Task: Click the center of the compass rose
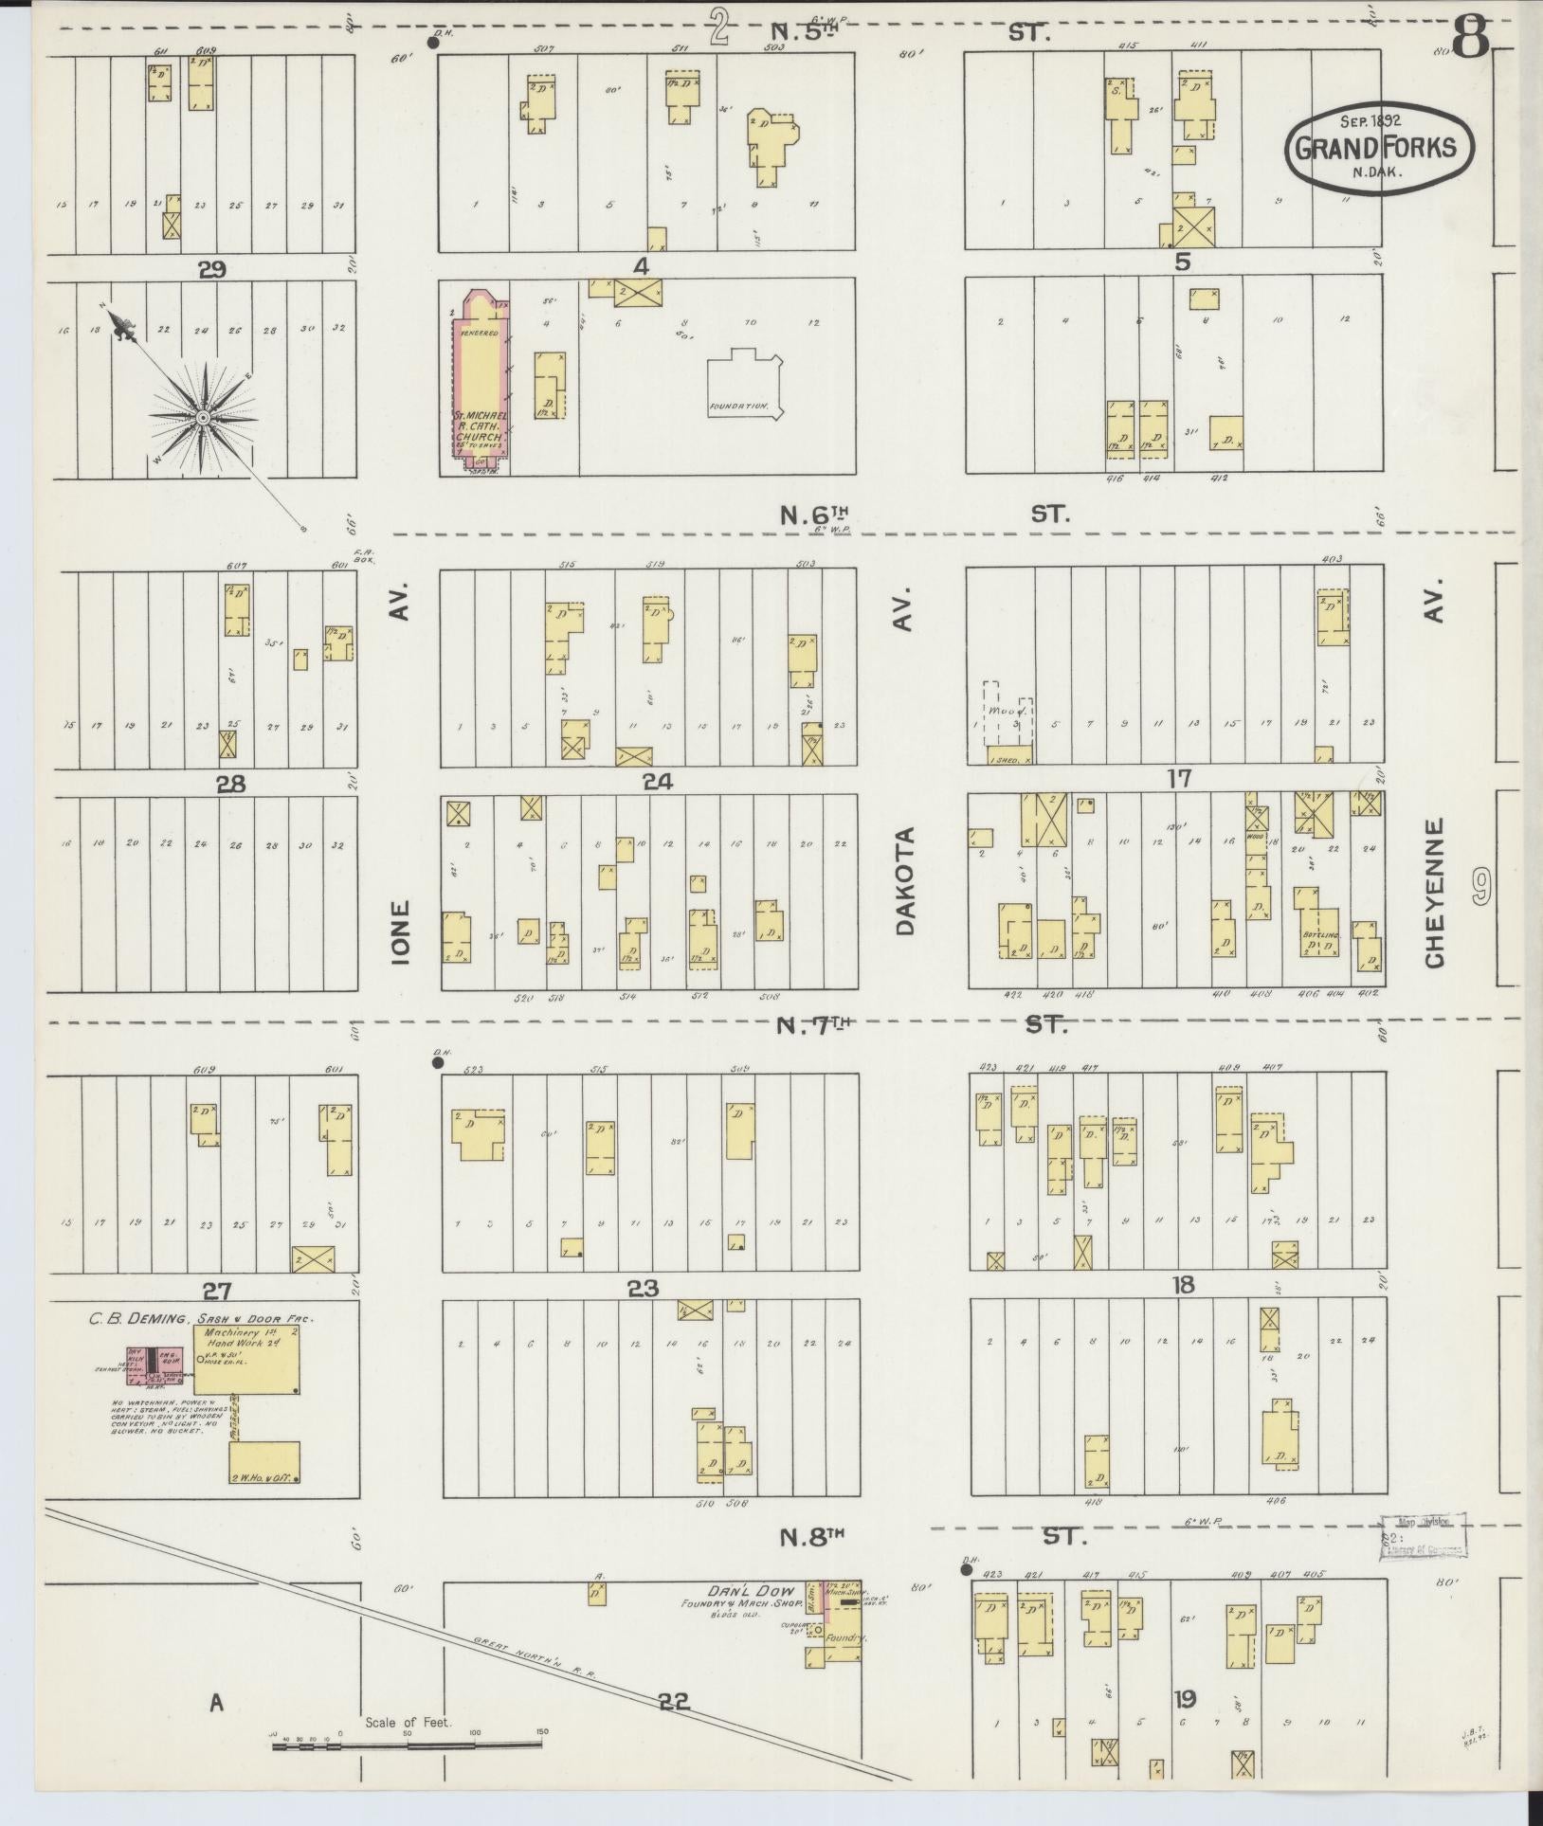(202, 418)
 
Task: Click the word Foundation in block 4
(737, 406)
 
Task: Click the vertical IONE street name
(400, 931)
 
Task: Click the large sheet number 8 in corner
(1471, 39)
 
